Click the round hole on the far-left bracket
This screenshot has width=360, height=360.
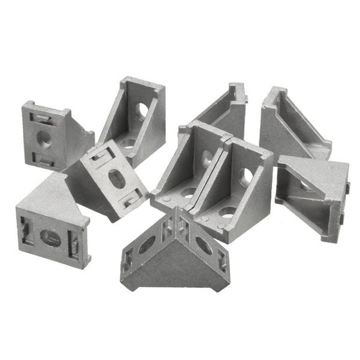click(44, 139)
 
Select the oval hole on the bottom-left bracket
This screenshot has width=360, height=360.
click(50, 238)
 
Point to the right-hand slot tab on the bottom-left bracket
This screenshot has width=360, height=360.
click(74, 245)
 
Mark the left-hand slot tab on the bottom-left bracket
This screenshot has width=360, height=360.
click(24, 230)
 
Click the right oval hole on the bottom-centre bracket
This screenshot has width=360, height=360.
click(203, 245)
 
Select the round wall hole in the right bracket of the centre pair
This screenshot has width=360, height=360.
click(246, 177)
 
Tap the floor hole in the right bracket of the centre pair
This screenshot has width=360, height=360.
click(227, 212)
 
